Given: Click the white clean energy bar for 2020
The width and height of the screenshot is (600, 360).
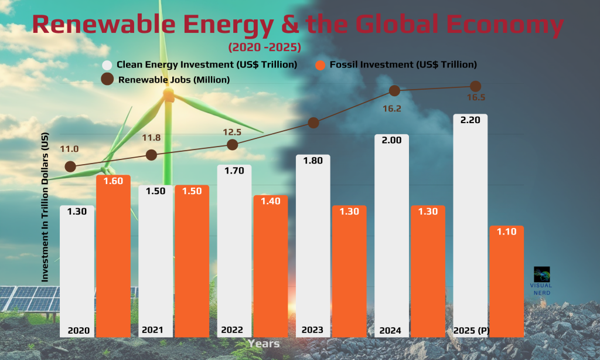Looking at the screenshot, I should click(x=77, y=270).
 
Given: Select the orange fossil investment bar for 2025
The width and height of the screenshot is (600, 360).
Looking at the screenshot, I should click(x=506, y=281).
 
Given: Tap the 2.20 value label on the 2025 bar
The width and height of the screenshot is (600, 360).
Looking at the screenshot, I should click(x=471, y=120).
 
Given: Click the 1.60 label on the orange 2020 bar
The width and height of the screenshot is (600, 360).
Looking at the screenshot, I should click(x=113, y=181).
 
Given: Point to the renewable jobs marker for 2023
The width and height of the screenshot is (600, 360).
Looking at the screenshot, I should click(x=313, y=123).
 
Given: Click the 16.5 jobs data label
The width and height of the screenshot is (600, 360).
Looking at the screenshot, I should click(x=475, y=98).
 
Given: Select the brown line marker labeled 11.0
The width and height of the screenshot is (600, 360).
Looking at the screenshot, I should click(x=70, y=167).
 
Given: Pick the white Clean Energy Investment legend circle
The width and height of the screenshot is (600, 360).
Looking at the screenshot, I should click(x=107, y=65).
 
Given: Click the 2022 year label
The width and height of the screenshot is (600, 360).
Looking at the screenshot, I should click(x=232, y=330).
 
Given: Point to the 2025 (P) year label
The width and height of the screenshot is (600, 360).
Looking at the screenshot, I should click(x=471, y=330).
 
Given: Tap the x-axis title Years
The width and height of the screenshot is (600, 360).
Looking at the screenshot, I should click(x=263, y=344).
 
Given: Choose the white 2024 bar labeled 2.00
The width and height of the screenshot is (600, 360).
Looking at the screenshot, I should click(x=391, y=235).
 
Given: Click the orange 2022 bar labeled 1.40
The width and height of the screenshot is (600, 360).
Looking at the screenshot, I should click(x=270, y=264).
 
